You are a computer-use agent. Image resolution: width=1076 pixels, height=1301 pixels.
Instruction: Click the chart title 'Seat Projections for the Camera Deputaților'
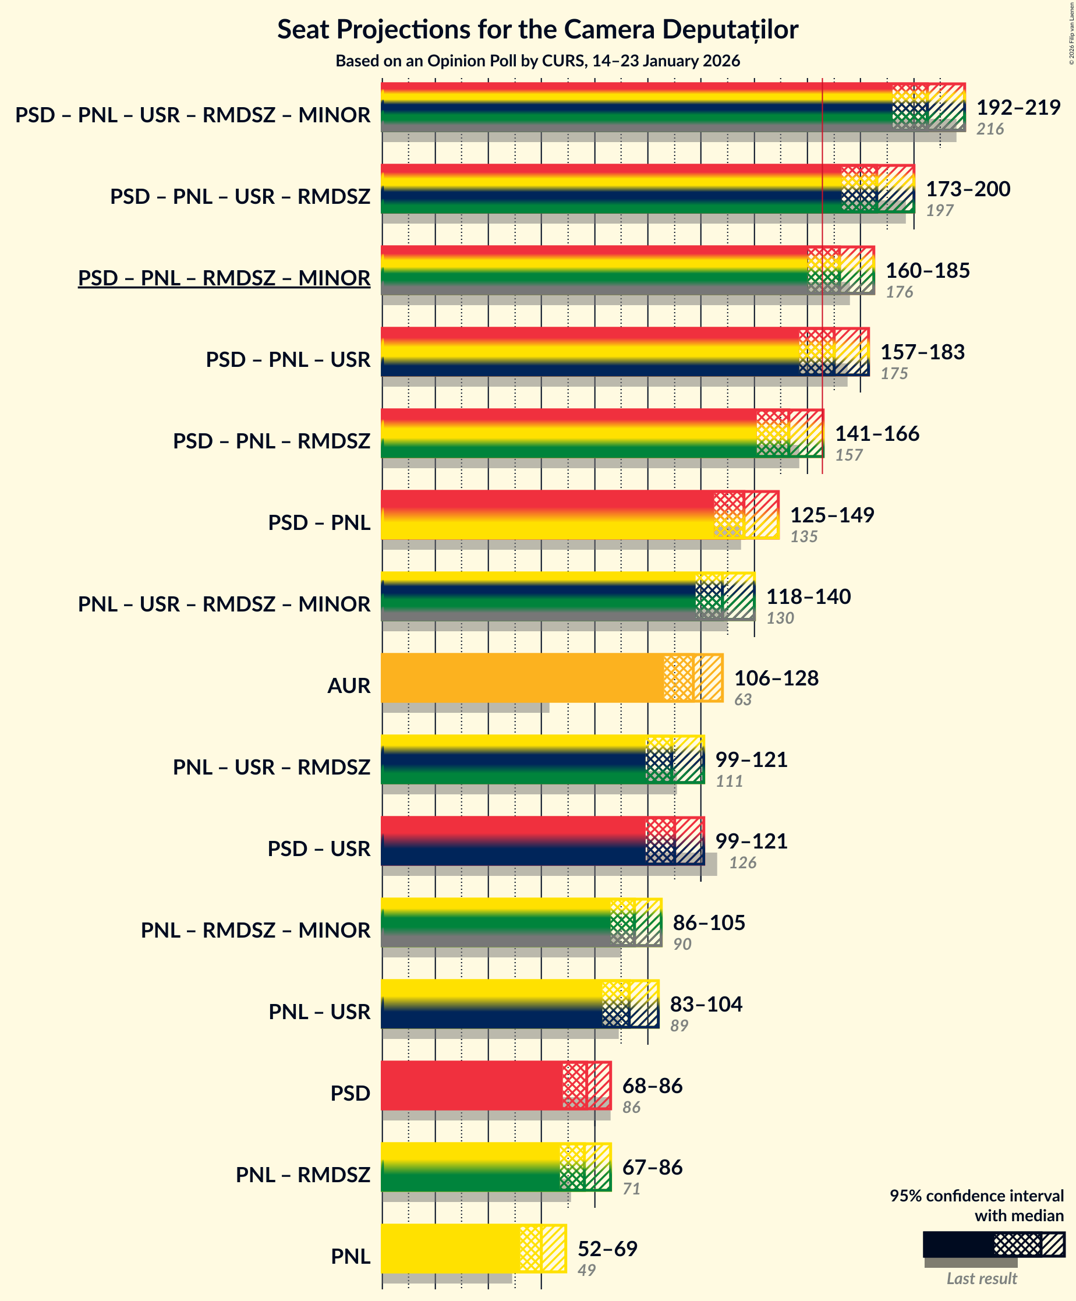pos(537,29)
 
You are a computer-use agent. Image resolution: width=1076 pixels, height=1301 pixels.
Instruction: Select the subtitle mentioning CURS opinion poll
pos(537,61)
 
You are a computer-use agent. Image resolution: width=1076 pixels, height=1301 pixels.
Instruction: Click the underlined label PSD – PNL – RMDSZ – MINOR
pos(224,278)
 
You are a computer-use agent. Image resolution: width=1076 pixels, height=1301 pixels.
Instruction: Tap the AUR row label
pos(348,686)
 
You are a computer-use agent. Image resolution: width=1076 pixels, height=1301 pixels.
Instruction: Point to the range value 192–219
pos(1018,108)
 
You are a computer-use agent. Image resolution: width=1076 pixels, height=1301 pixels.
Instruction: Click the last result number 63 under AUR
pos(742,699)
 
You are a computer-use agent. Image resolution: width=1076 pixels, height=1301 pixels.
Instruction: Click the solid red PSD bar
pos(471,1085)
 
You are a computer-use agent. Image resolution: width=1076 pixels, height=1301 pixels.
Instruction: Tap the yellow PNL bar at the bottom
pos(449,1248)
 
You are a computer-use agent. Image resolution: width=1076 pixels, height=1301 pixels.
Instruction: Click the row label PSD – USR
pos(318,849)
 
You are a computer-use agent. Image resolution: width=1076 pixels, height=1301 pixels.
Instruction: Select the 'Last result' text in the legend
pos(981,1279)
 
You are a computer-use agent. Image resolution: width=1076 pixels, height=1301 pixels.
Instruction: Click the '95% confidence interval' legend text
pos(976,1196)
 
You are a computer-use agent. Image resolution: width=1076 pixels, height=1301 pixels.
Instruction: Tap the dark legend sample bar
pos(958,1244)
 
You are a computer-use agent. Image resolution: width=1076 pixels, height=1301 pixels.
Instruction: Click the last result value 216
pos(989,129)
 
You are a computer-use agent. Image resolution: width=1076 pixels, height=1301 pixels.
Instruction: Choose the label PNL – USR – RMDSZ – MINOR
pos(224,604)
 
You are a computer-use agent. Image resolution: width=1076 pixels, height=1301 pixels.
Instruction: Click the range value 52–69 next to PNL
pos(607,1249)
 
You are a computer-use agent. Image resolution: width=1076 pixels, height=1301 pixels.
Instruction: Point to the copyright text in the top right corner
pos(1071,33)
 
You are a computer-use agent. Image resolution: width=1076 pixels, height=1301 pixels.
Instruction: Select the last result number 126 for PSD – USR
pos(742,862)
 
